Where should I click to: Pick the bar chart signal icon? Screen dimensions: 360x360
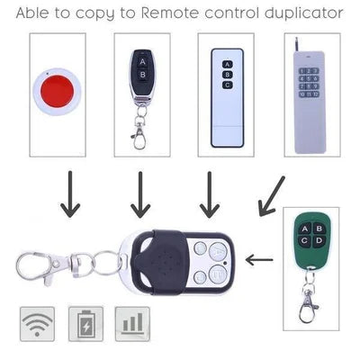tap(132, 321)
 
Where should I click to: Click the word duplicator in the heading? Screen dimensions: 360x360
tap(298, 14)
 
